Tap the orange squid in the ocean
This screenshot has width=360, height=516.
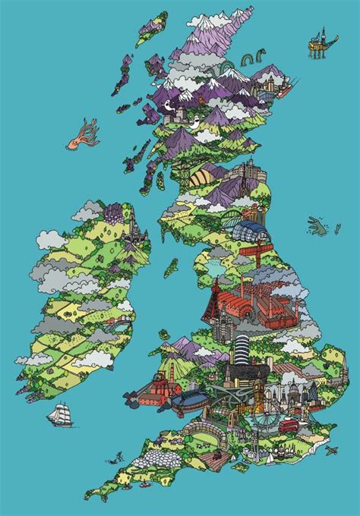79,134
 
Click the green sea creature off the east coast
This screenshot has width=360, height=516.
317,225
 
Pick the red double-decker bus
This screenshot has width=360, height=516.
288,426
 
